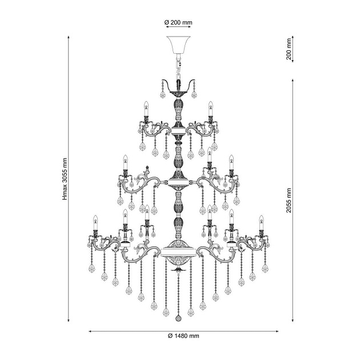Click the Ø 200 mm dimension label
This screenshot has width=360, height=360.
tap(178, 22)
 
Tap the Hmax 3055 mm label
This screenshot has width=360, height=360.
tap(65, 179)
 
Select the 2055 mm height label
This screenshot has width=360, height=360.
tap(289, 201)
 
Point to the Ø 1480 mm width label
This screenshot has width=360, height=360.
tap(183, 336)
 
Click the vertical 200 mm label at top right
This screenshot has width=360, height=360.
tap(289, 49)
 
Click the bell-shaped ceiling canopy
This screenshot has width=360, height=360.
tap(178, 45)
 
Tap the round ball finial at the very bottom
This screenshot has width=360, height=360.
tap(178, 318)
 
